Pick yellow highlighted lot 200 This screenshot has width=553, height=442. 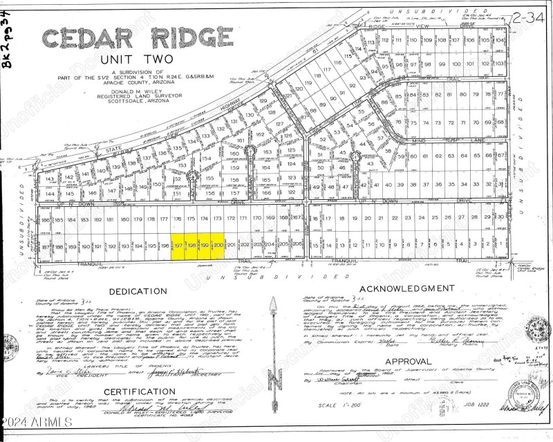coord(218,245)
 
